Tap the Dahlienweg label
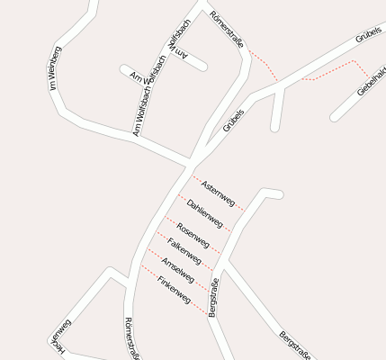pyautogui.click(x=205, y=213)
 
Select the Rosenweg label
pyautogui.click(x=193, y=235)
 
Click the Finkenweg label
pyautogui.click(x=174, y=289)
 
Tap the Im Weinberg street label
pyautogui.click(x=51, y=70)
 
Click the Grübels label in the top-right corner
pyautogui.click(x=368, y=34)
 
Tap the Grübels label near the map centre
pyautogui.click(x=233, y=121)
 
